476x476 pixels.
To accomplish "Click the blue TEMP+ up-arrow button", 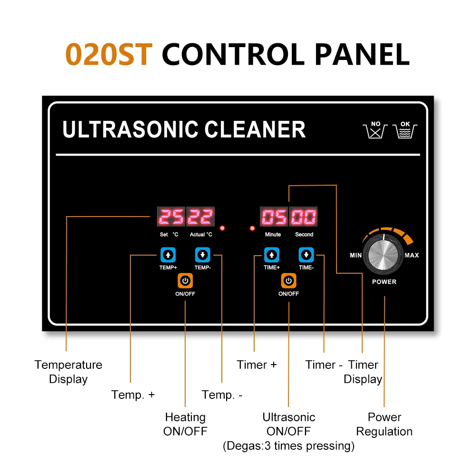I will coord(168,255).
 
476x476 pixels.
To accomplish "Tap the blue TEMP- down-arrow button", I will coord(203,255).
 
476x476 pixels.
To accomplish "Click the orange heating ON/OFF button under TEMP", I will coord(185,281).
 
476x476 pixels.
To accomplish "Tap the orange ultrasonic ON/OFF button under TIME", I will coord(288,281).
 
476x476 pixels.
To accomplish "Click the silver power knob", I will coord(383,255).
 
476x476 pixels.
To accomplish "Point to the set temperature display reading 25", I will coord(171,218).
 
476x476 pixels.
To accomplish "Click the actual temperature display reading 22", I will coord(200,218).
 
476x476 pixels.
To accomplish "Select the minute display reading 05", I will coord(274,218).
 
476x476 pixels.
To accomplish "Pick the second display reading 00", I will coord(304,218).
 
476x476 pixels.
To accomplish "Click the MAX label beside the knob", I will coord(412,256).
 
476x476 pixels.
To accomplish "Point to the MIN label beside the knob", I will coord(356,256).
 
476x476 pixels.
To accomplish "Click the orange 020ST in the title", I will coord(109,54).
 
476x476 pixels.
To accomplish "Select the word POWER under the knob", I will coord(384,282).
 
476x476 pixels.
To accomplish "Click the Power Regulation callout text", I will coord(384,425).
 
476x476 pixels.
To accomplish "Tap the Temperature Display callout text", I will coord(68,372).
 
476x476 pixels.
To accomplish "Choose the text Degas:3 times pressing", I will coord(288,446).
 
